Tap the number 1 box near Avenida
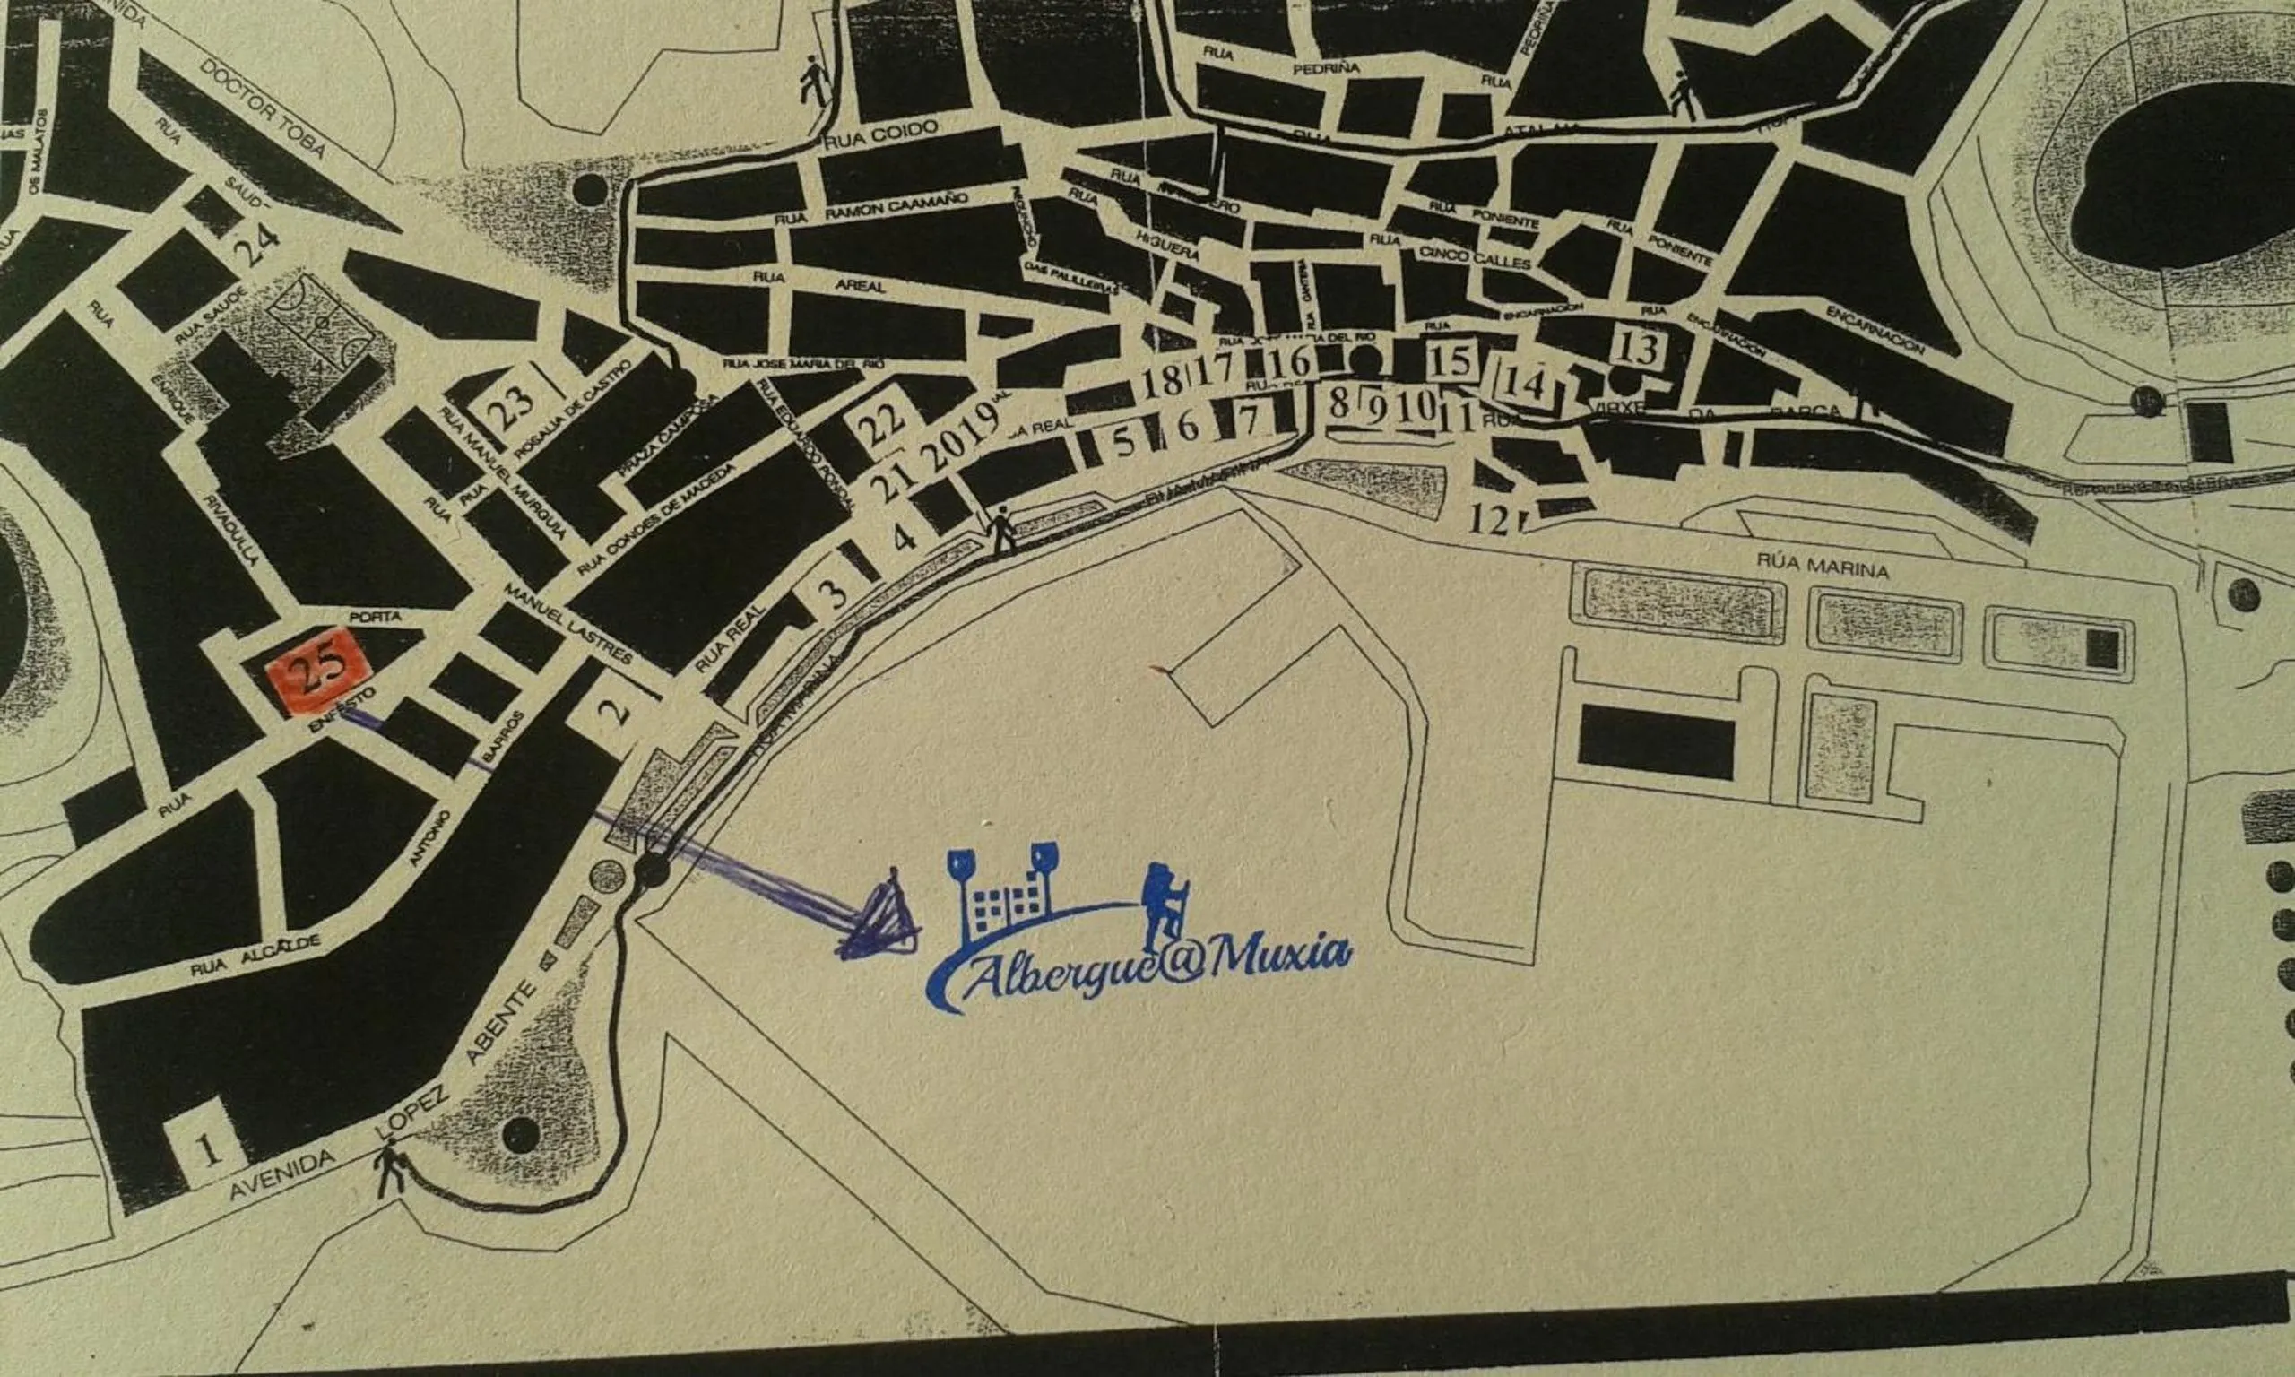(210, 1150)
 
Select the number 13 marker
(1639, 348)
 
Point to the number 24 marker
(256, 247)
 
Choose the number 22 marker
(881, 426)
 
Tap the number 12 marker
(1490, 522)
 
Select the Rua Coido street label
(881, 130)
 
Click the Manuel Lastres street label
(567, 624)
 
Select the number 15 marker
(1451, 361)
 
